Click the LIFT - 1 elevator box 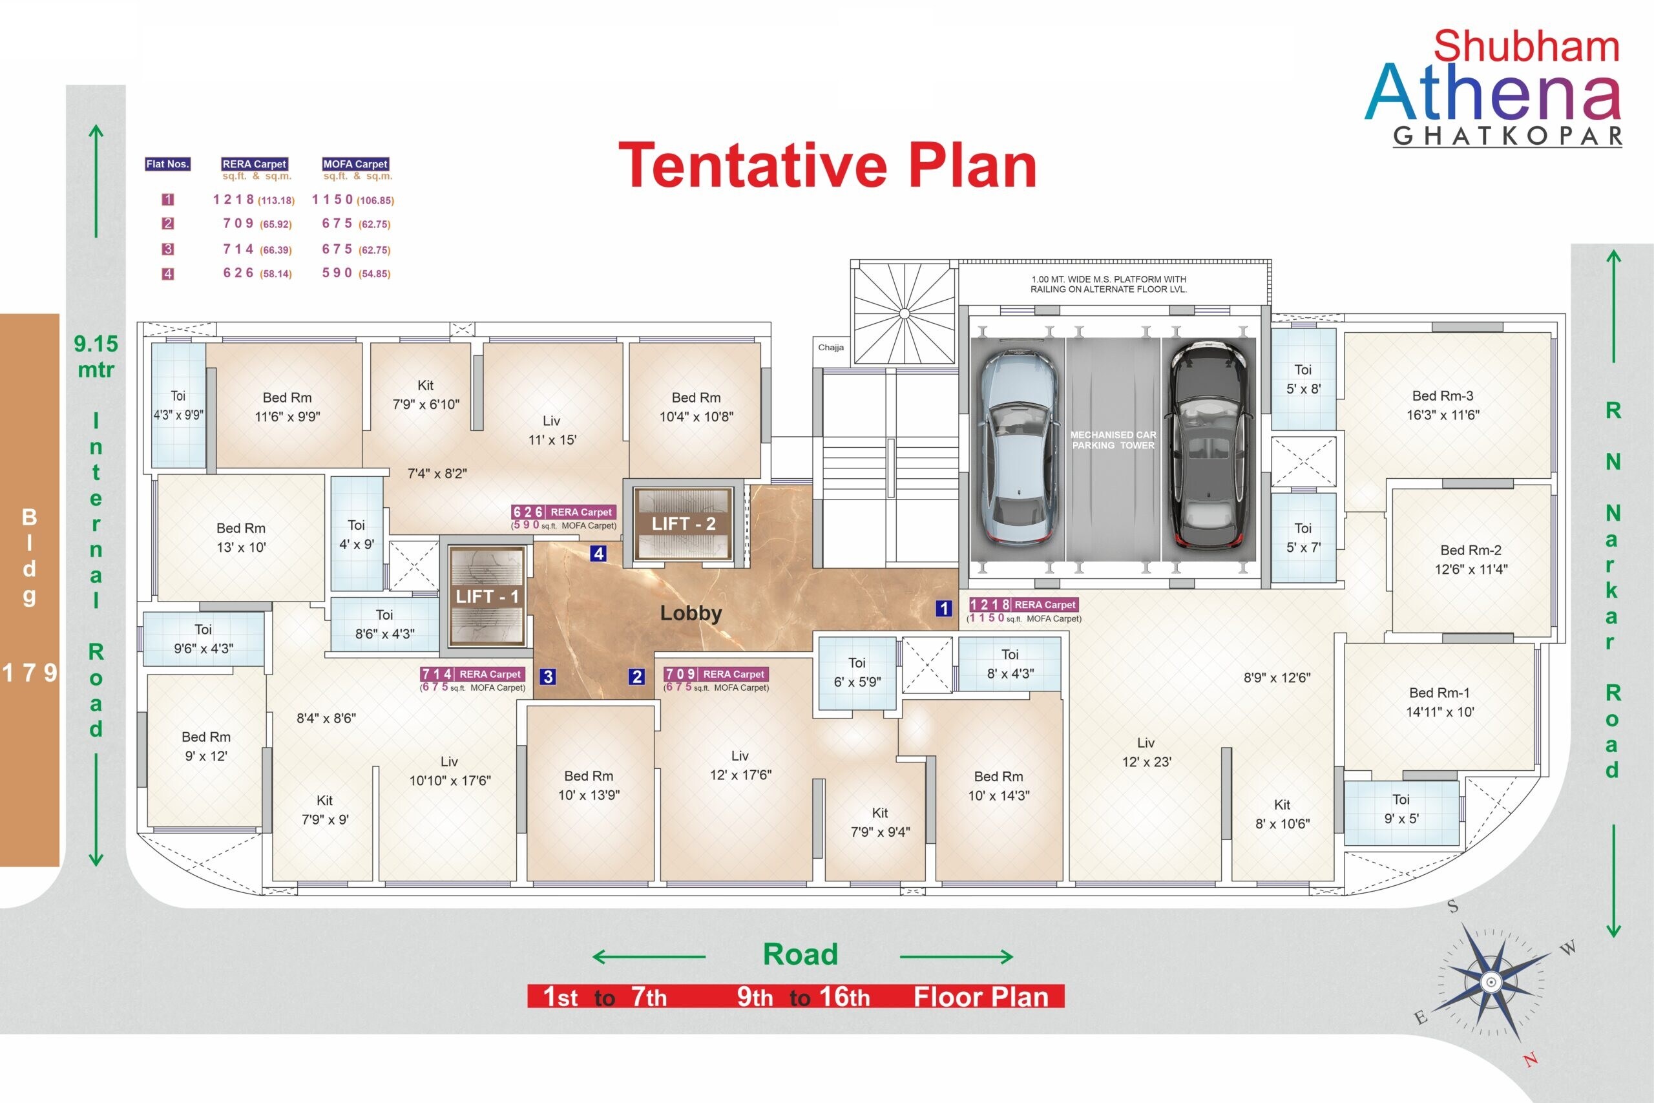click(x=487, y=596)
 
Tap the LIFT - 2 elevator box click(x=683, y=523)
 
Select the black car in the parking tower click(x=1208, y=445)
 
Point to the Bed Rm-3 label click(x=1442, y=396)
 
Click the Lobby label click(x=691, y=613)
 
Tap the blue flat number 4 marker click(x=598, y=554)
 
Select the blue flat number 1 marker click(x=944, y=609)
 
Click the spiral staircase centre click(x=905, y=313)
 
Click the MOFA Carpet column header click(x=355, y=164)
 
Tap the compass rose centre click(x=1491, y=982)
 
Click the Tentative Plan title click(x=827, y=166)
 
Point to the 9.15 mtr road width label click(x=96, y=356)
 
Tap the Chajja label click(x=830, y=348)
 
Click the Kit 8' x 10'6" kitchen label click(x=1282, y=814)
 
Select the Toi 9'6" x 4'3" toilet click(x=204, y=638)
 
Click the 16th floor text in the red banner click(x=844, y=997)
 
